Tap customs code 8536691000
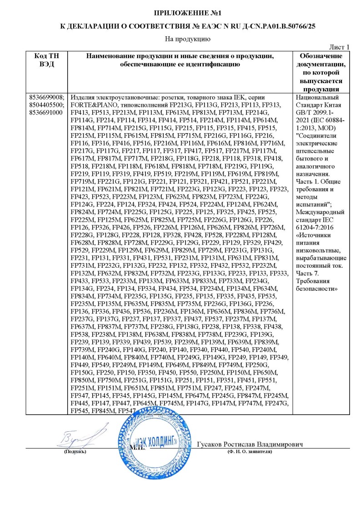pos(45,112)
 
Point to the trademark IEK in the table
pos(241,98)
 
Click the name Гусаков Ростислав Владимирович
pos(250,444)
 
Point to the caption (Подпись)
pos(74,452)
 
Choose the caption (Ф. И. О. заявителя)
pos(250,452)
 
